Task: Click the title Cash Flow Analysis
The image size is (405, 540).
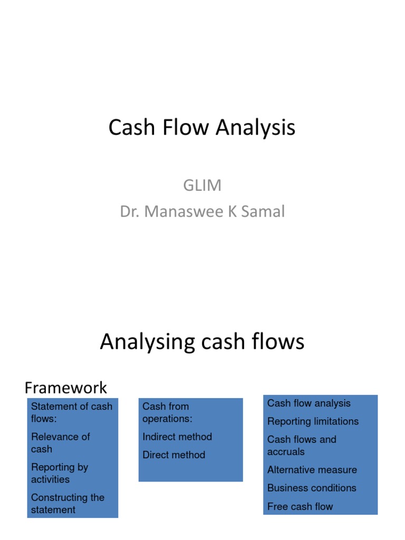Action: point(202,128)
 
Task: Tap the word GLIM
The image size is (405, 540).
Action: point(202,185)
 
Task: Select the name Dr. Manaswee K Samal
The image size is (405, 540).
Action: point(202,211)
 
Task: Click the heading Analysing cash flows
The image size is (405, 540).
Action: point(202,342)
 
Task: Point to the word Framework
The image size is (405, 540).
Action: point(66,388)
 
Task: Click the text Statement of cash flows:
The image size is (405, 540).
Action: point(71,412)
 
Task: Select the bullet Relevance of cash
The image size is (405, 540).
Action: point(60,443)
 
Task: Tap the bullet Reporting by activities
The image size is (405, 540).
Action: point(60,473)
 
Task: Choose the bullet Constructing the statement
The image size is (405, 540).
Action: point(67,504)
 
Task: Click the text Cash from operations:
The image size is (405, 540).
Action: point(167,412)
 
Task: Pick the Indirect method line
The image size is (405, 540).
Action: point(177,437)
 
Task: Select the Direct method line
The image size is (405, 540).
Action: point(173,455)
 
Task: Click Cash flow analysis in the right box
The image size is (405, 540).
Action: point(308,403)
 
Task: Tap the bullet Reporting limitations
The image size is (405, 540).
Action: point(313,421)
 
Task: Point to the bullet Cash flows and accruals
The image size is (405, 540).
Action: point(301,446)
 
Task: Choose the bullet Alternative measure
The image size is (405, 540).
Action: point(312,470)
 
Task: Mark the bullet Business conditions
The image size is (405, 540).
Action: point(312,488)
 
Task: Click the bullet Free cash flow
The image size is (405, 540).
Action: point(300,506)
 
